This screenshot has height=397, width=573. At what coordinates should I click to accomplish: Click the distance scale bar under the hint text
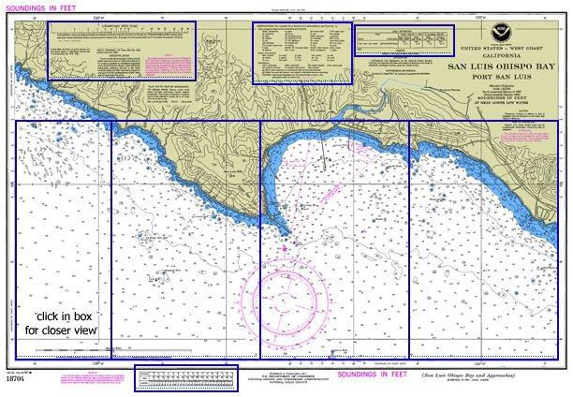(66, 349)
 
